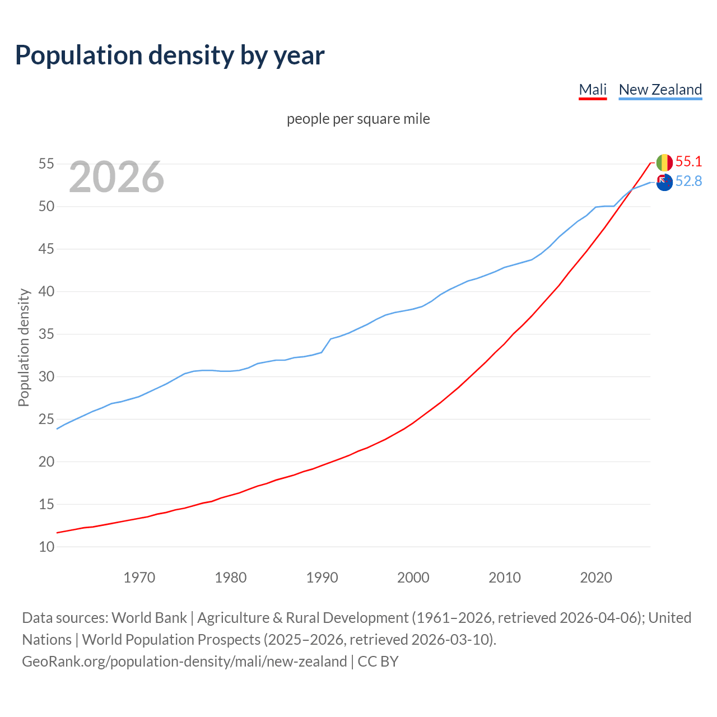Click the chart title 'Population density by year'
click(170, 55)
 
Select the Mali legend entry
click(593, 90)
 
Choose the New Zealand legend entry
click(660, 90)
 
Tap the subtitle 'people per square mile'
click(358, 119)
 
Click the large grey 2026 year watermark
click(117, 177)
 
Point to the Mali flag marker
click(664, 162)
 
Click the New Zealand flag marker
click(664, 182)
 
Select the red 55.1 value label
click(688, 162)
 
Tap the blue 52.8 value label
click(688, 181)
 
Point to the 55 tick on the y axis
click(46, 164)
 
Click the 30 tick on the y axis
click(46, 376)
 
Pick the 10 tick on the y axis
click(46, 547)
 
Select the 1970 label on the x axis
click(139, 578)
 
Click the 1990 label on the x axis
click(322, 578)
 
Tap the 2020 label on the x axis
click(596, 578)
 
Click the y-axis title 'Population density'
click(24, 347)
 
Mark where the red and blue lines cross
click(631, 189)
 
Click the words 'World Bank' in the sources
click(149, 618)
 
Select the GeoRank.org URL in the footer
click(184, 662)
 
